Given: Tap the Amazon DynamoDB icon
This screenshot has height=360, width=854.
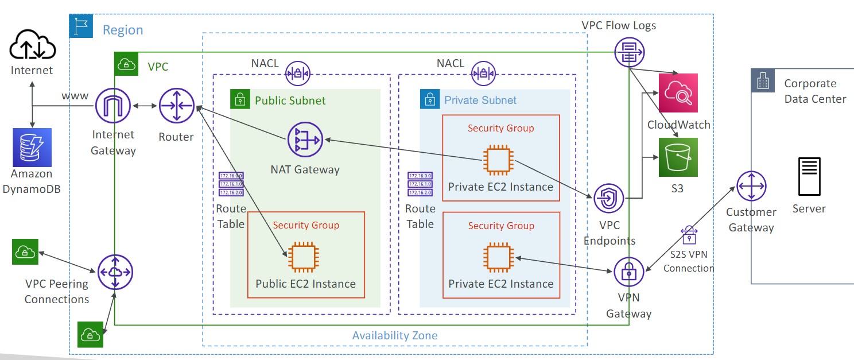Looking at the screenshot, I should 32,148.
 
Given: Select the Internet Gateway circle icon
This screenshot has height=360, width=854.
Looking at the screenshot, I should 113,106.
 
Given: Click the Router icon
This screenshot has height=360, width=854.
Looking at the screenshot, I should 176,106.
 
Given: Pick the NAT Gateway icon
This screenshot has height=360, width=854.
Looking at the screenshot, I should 305,140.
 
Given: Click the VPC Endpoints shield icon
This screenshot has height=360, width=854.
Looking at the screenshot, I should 609,200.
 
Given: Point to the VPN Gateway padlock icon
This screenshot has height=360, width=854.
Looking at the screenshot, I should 629,272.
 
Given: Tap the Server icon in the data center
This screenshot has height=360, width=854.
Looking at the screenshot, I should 809,177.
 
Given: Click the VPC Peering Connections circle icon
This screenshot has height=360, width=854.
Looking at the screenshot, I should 115,272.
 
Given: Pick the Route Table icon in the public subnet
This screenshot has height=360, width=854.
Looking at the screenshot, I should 231,184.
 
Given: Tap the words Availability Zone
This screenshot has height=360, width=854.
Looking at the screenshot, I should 394,336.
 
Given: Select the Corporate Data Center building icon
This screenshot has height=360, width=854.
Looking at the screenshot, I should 763,82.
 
